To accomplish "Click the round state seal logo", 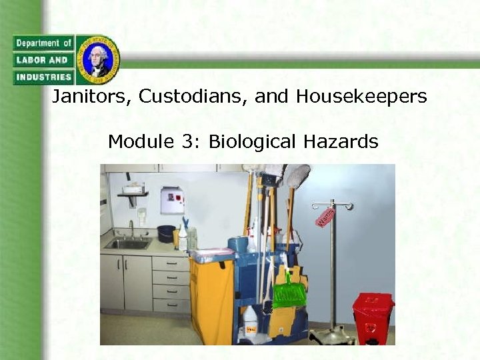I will click(98, 59).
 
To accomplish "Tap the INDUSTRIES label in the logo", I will click(42, 77).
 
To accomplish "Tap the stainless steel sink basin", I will click(128, 245).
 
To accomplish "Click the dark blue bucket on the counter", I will click(166, 234).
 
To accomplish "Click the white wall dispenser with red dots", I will click(172, 200).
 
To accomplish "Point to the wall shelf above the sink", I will click(133, 195).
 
